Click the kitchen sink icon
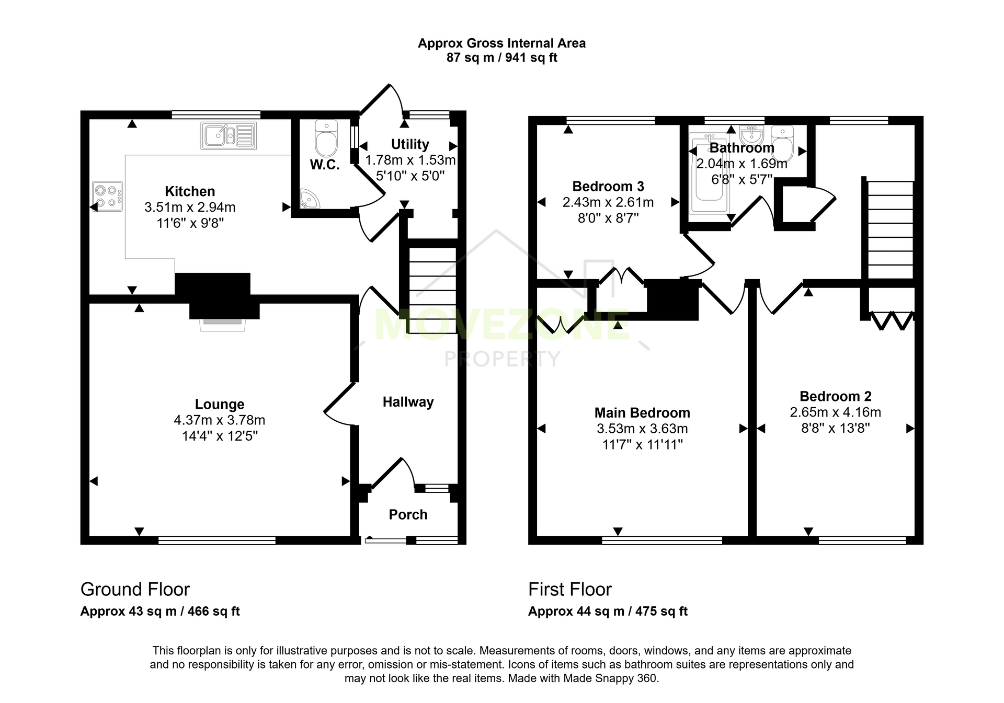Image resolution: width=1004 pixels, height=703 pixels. click(x=229, y=135)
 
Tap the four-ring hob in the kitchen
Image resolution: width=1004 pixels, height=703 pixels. click(x=107, y=196)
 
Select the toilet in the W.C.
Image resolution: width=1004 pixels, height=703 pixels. click(x=326, y=138)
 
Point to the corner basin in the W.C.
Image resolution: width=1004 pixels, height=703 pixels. click(x=309, y=199)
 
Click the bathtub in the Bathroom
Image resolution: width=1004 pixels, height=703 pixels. click(x=709, y=173)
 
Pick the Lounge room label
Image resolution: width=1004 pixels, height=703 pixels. click(x=220, y=404)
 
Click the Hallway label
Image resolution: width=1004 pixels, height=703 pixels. click(x=408, y=402)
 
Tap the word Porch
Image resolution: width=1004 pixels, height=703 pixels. click(x=408, y=515)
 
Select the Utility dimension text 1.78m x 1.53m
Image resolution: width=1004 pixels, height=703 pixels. click(x=410, y=160)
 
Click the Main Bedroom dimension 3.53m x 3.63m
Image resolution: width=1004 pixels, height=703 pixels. click(x=642, y=429)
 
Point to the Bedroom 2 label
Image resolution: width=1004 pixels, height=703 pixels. click(x=836, y=396)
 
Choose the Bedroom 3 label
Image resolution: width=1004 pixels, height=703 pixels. click(x=608, y=186)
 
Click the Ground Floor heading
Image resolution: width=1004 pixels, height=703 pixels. click(x=135, y=590)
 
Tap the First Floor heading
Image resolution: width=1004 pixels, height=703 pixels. click(x=570, y=590)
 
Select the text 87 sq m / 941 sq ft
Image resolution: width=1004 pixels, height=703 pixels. click(x=501, y=57)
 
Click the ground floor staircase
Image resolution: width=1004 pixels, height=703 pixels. click(x=432, y=291)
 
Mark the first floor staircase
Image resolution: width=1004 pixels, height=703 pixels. click(x=891, y=230)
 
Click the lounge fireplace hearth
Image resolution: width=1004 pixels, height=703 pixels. click(x=223, y=325)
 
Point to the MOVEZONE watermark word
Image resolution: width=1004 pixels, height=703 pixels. click(x=502, y=325)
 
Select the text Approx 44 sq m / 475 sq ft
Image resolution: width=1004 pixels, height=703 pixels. click(x=608, y=612)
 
